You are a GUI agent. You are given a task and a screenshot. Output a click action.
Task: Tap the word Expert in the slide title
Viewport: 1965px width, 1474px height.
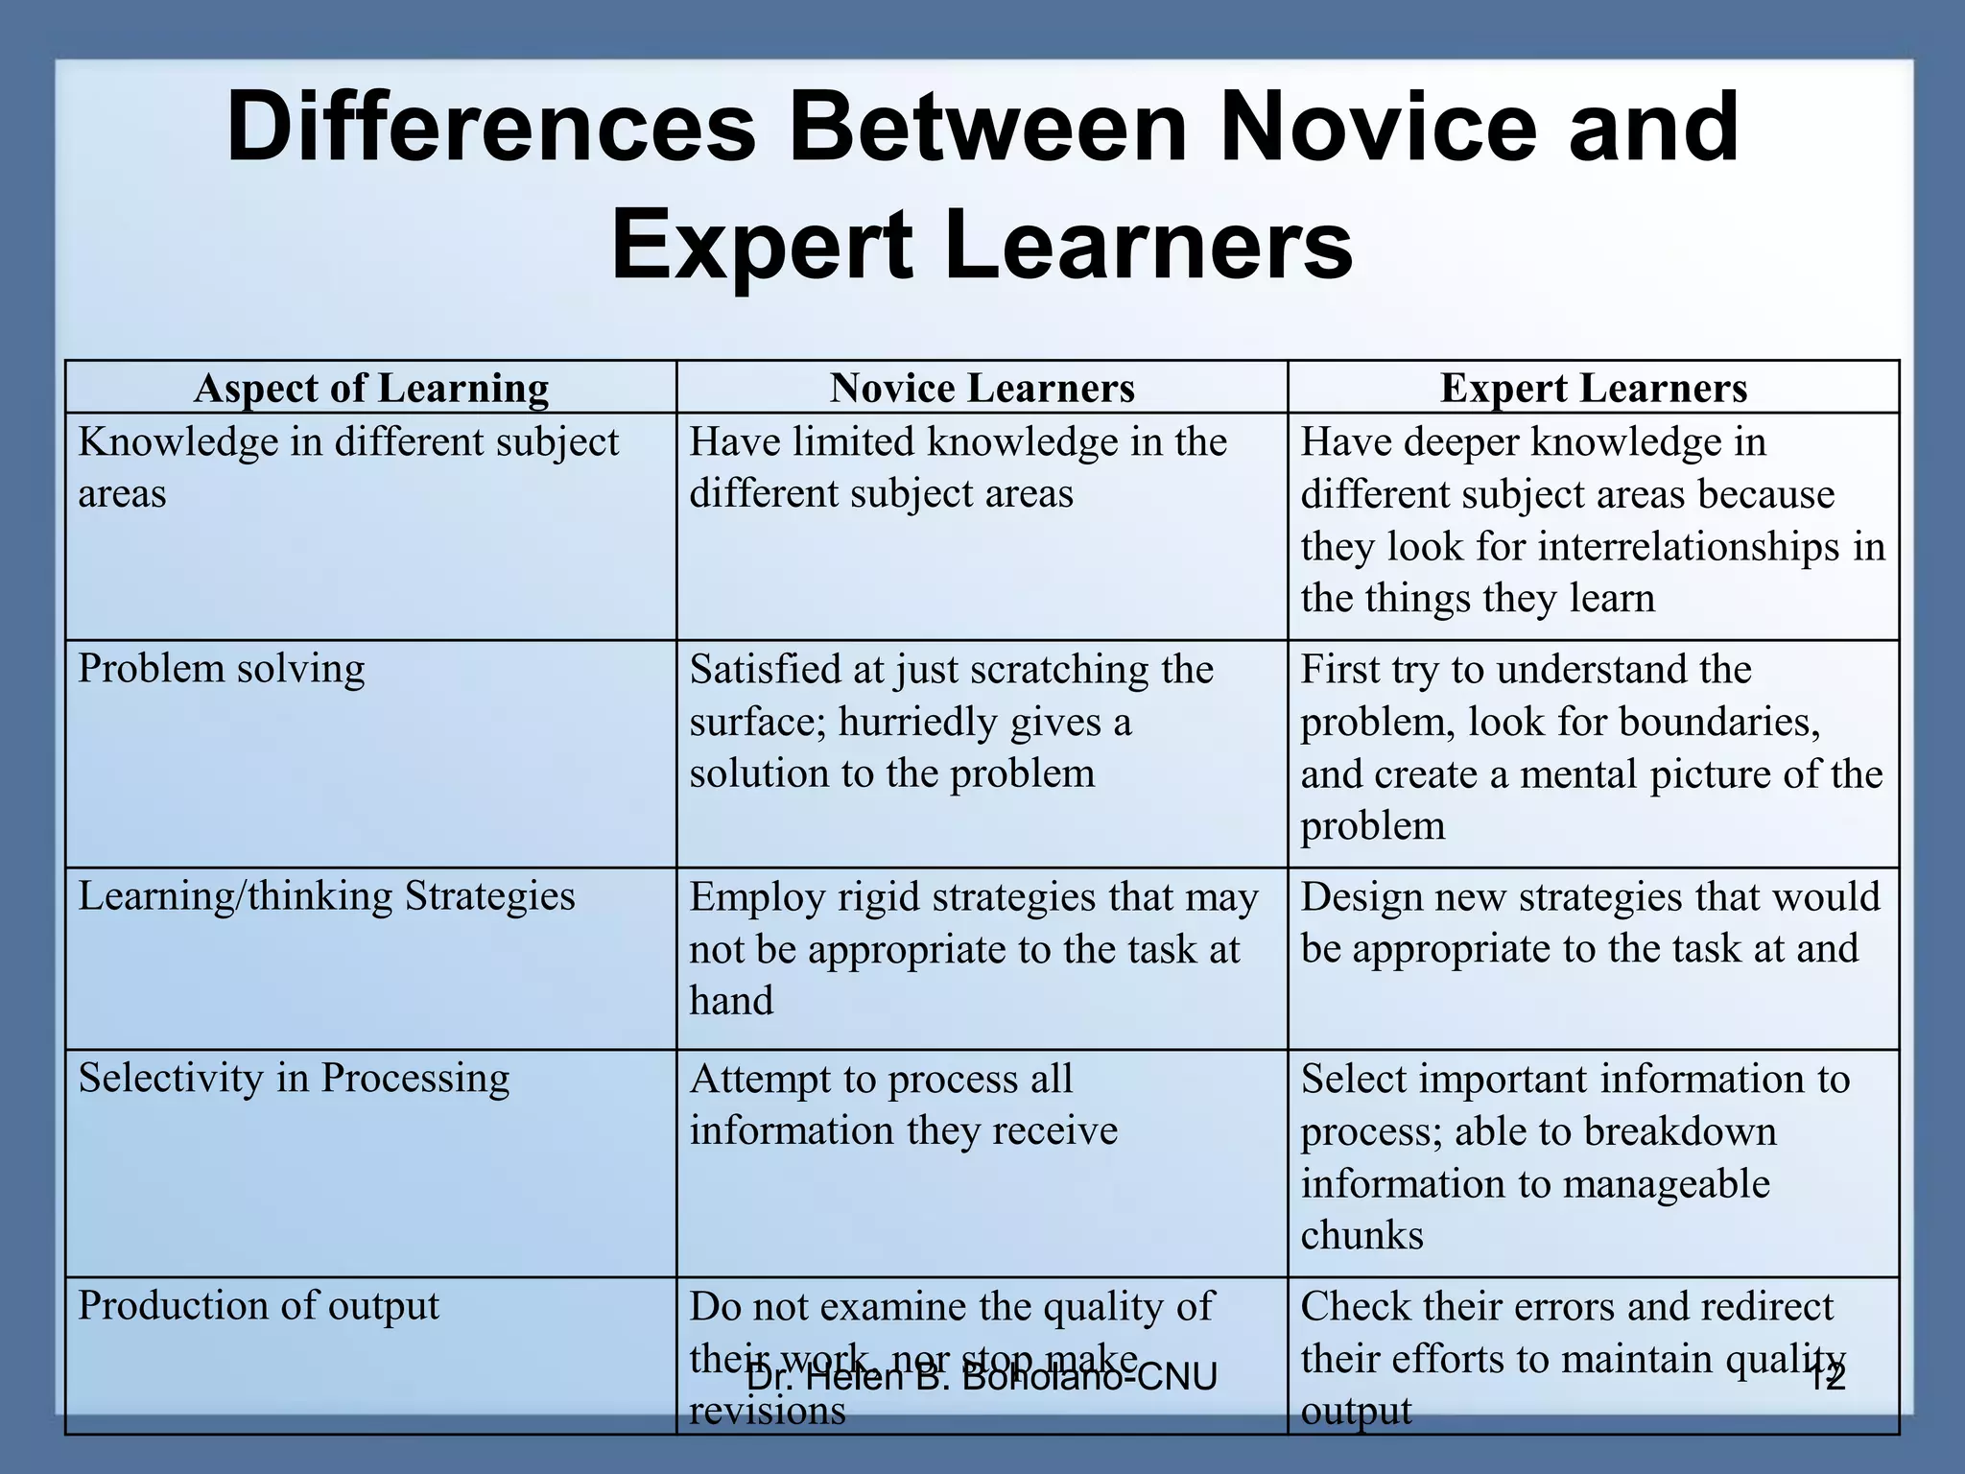coord(761,246)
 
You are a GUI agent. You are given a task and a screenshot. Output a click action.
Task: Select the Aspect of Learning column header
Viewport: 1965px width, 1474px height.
coord(371,388)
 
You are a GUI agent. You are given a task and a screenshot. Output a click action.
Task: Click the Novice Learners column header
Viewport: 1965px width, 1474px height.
coord(982,388)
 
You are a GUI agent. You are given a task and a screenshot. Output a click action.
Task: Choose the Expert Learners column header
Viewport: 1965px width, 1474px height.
coord(1593,388)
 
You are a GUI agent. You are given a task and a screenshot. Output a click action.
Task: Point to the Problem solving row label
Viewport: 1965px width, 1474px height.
coord(222,668)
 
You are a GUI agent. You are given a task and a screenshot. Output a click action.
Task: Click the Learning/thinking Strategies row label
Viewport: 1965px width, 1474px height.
coord(326,895)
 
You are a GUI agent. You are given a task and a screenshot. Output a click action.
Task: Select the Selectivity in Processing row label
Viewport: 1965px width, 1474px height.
coord(294,1078)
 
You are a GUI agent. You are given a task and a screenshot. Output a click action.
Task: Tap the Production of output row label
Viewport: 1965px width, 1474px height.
coord(258,1305)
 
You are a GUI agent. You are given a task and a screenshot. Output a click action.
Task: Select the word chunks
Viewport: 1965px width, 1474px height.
coord(1361,1235)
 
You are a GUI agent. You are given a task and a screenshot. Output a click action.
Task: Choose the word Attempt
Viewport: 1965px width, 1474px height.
coord(757,1079)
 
